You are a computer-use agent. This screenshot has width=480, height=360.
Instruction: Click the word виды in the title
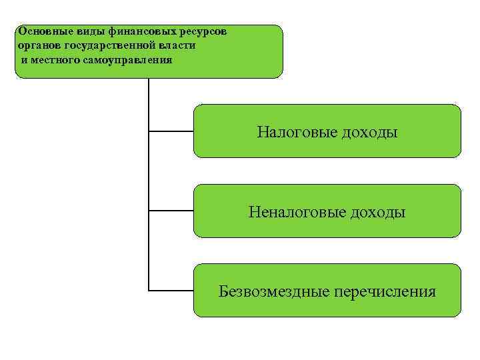(x=78, y=31)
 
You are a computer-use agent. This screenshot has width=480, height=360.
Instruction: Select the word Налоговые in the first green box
(x=297, y=133)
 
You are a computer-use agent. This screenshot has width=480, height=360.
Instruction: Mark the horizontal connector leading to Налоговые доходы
(x=171, y=131)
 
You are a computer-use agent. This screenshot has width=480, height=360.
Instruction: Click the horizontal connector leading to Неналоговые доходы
(x=171, y=211)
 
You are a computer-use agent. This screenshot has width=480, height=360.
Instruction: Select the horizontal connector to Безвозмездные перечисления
(x=171, y=291)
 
